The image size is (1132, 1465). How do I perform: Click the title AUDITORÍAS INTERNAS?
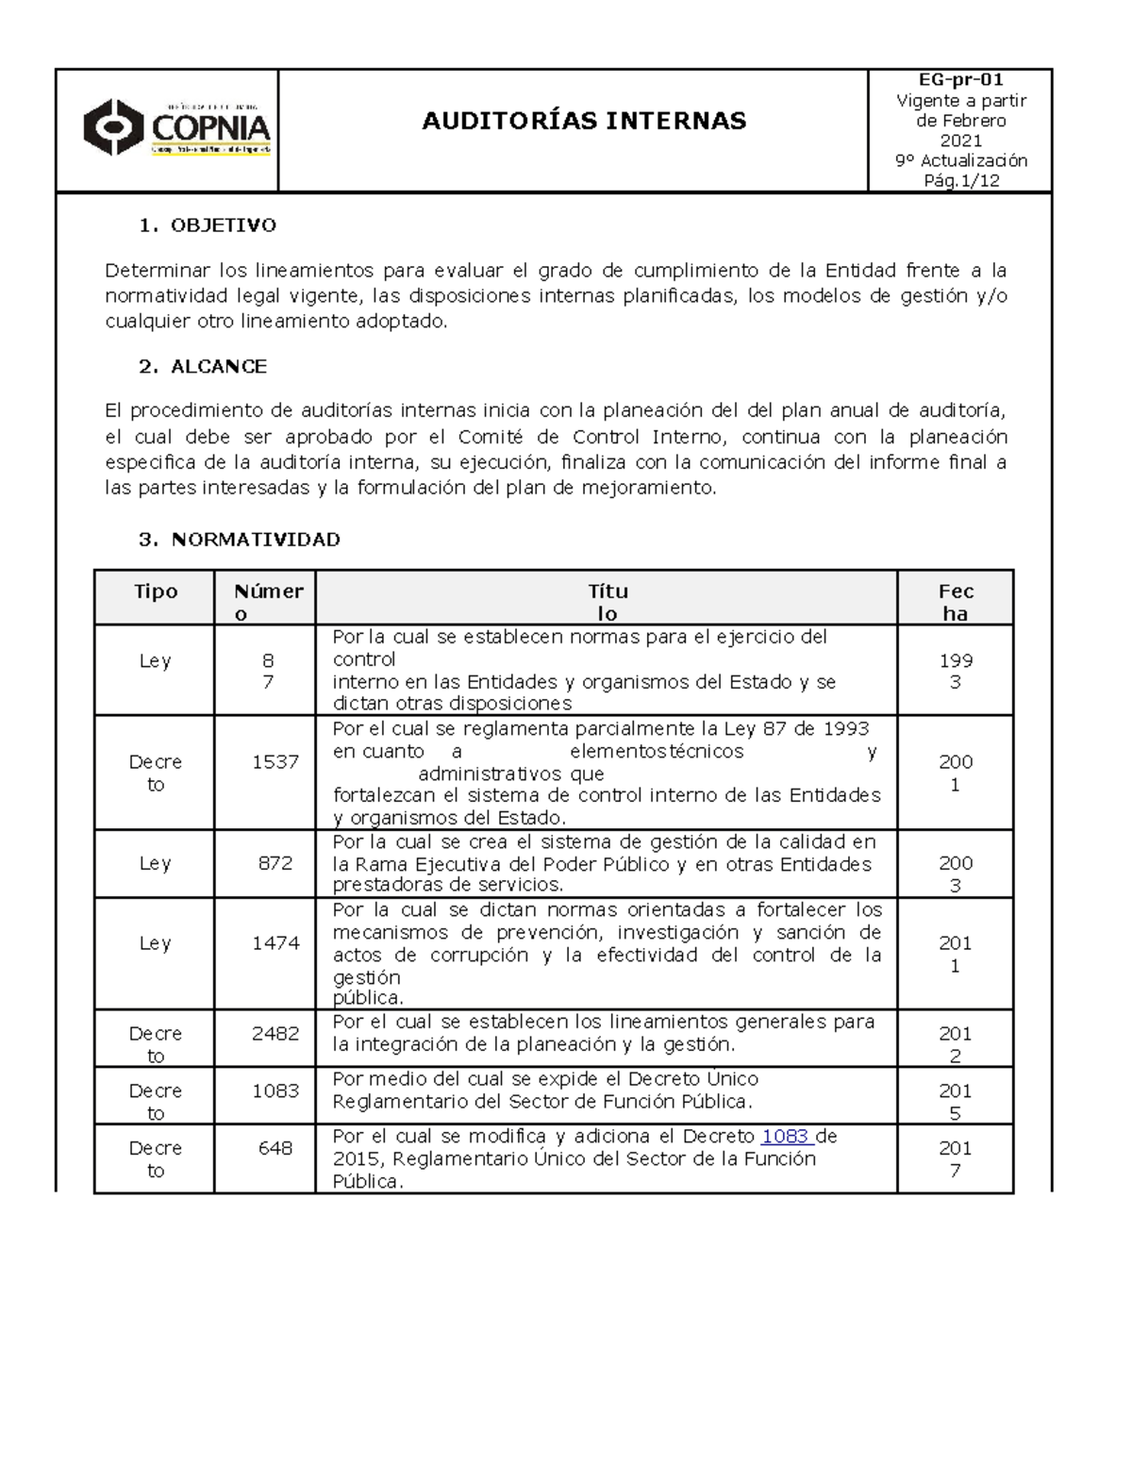pyautogui.click(x=583, y=121)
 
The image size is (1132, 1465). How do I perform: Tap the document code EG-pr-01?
pyautogui.click(x=960, y=80)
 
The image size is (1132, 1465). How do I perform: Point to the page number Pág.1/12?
pyautogui.click(x=960, y=180)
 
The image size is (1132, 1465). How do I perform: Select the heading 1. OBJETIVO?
pyautogui.click(x=208, y=225)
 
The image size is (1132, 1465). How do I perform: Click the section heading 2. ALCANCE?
pyautogui.click(x=203, y=367)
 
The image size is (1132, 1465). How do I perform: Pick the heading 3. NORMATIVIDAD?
pyautogui.click(x=239, y=540)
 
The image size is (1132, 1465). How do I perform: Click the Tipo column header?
pyautogui.click(x=156, y=591)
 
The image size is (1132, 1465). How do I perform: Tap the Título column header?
pyautogui.click(x=608, y=602)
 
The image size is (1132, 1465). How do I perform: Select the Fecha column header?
pyautogui.click(x=956, y=602)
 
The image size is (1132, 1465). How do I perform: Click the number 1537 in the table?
pyautogui.click(x=275, y=761)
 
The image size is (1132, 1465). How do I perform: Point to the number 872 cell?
pyautogui.click(x=275, y=863)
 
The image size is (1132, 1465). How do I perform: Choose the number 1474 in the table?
pyautogui.click(x=275, y=942)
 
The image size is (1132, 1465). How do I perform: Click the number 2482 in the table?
pyautogui.click(x=275, y=1033)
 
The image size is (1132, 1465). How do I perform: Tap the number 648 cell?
pyautogui.click(x=275, y=1148)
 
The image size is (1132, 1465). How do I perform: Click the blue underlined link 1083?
pyautogui.click(x=785, y=1137)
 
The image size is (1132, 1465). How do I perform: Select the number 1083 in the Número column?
pyautogui.click(x=275, y=1090)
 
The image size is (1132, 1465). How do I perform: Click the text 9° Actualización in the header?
pyautogui.click(x=960, y=160)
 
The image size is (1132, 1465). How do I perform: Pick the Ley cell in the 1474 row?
pyautogui.click(x=156, y=942)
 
